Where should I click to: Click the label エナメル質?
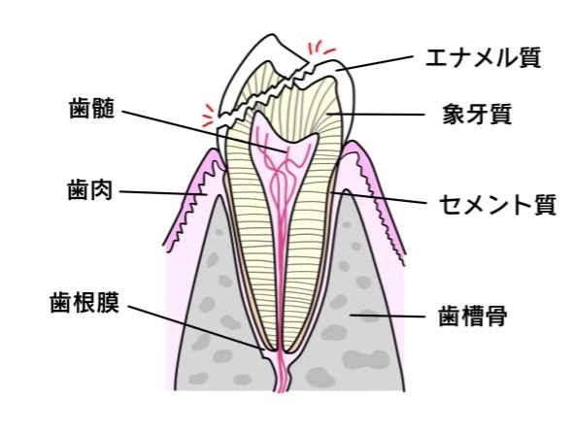pos(483,57)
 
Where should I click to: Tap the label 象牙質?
pos(477,114)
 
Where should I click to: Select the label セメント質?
pos(497,204)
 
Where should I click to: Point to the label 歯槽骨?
pos(473,316)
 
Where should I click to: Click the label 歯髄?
pos(91,108)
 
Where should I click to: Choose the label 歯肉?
pos(89,189)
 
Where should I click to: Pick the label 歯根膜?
pos(85,303)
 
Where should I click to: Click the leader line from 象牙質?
pos(376,115)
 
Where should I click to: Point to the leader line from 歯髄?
pos(204,131)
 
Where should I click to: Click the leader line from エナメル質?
pos(374,63)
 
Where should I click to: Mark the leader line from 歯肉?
pos(163,193)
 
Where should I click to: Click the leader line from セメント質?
pos(379,197)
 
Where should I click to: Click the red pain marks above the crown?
pos(321,49)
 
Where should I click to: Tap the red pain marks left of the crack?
pos(208,115)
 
